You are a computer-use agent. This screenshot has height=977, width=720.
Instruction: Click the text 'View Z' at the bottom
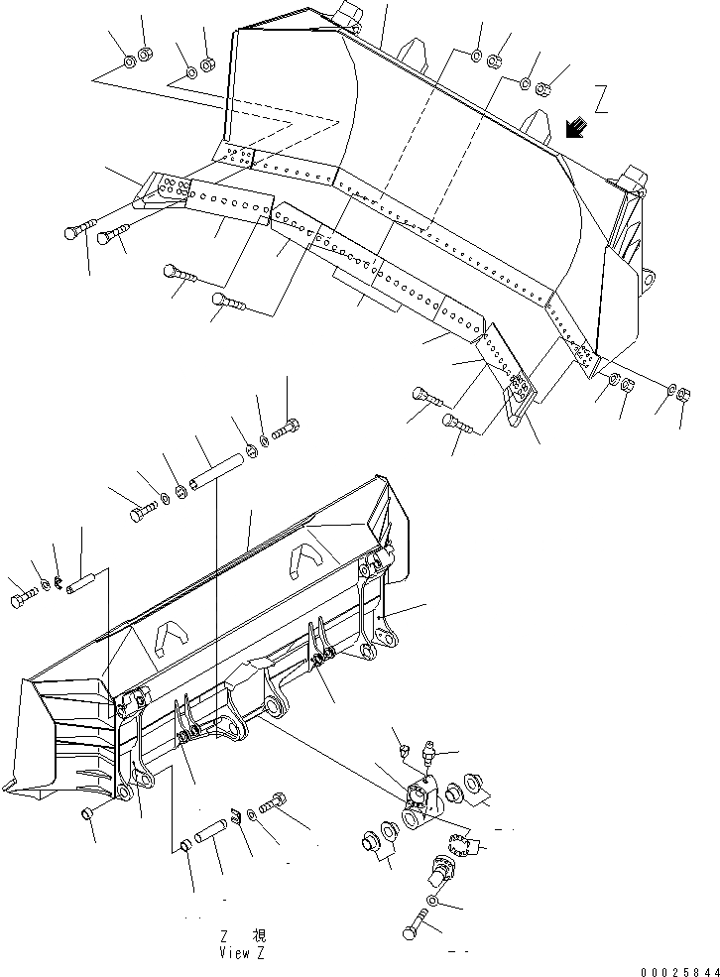(x=243, y=952)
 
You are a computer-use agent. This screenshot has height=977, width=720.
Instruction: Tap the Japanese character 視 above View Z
(x=259, y=935)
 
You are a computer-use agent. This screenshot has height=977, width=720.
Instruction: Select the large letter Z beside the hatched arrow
(x=601, y=99)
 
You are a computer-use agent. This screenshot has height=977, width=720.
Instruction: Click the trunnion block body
(x=423, y=803)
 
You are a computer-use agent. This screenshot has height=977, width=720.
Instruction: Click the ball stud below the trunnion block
(x=442, y=870)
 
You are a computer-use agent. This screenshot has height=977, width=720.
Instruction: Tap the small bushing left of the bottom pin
(x=185, y=845)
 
